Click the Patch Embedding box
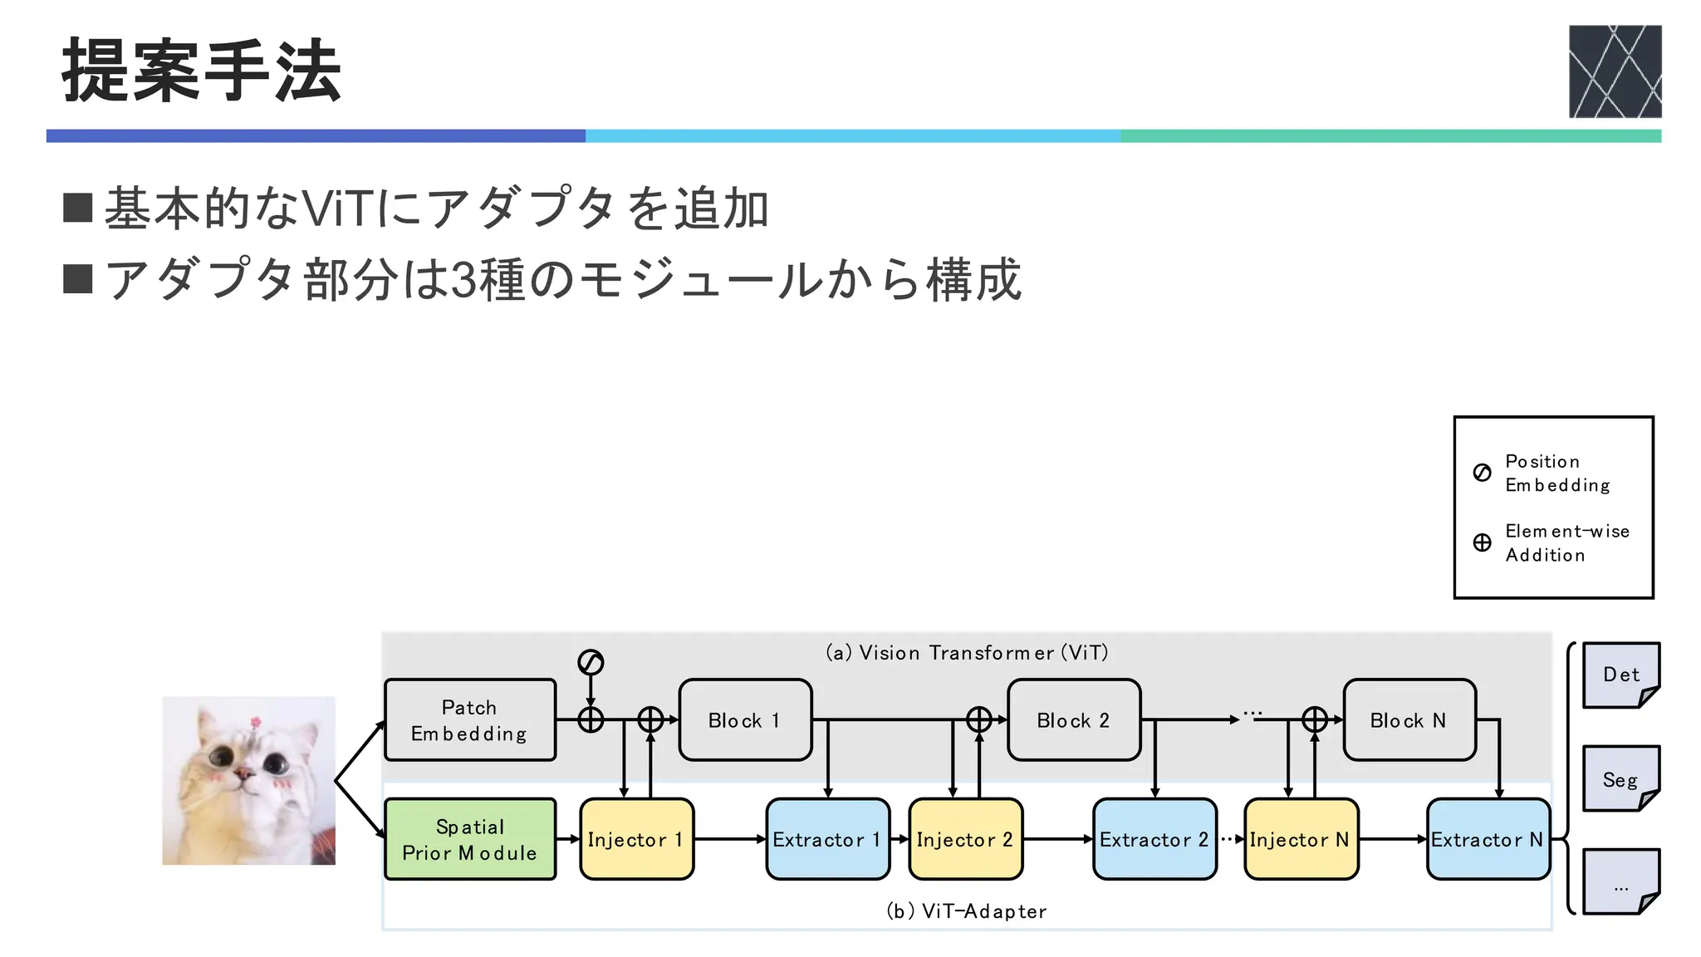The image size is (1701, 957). coord(470,720)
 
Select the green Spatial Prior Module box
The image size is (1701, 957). coord(470,839)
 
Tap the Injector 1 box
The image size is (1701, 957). coord(636,839)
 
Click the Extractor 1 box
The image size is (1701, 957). coord(827,839)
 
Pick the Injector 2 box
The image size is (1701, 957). coord(965,839)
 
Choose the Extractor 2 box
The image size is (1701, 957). coord(1154,839)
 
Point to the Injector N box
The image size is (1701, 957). coord(1301,839)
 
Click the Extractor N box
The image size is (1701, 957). coord(1488,839)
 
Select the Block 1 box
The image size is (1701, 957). coord(745,720)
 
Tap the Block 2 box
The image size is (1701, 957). coord(1074,720)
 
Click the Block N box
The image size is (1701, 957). coord(1409,720)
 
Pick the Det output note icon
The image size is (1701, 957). coord(1620,675)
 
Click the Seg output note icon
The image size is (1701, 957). coord(1620,778)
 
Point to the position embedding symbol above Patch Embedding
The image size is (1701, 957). coord(591,662)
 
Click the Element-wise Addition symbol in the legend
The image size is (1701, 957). coord(1482,542)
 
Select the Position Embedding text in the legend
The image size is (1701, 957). coord(1556,473)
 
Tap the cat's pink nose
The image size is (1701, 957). coord(243,774)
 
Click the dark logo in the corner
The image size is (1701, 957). coord(1615,71)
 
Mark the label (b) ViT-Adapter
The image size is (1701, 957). coord(966,911)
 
